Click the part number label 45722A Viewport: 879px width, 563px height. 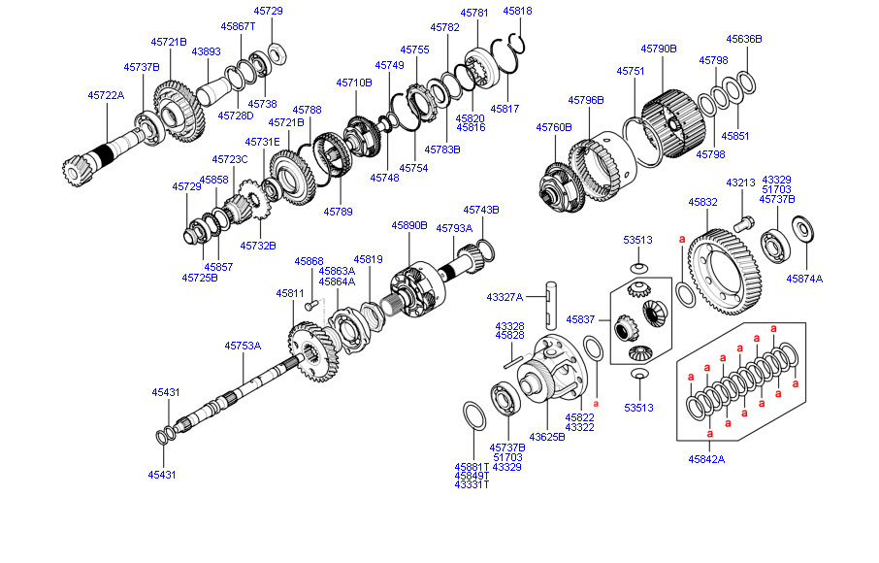[x=106, y=95]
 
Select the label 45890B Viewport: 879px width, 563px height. [x=409, y=224]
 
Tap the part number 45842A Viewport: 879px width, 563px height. [x=706, y=459]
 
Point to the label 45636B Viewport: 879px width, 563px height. [x=744, y=39]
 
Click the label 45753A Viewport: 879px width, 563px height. [x=243, y=345]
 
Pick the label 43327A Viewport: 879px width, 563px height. [x=505, y=297]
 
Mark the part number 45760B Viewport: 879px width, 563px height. [x=554, y=126]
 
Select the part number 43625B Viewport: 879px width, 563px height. [x=546, y=437]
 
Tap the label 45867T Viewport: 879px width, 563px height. [x=238, y=26]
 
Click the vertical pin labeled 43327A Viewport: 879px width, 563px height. [x=550, y=301]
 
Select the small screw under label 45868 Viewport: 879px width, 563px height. [x=311, y=305]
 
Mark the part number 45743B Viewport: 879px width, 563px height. [x=481, y=210]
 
